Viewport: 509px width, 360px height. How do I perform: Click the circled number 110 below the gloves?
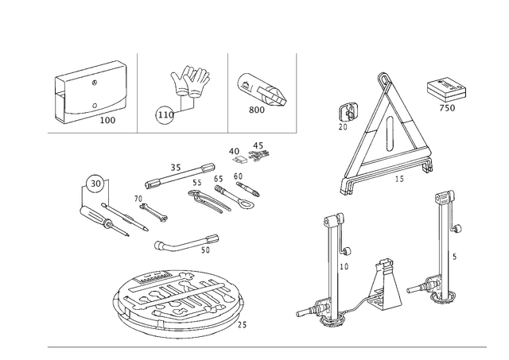click(x=165, y=114)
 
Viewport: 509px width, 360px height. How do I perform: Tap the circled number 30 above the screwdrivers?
click(x=95, y=184)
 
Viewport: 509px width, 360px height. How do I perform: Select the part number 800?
click(x=256, y=110)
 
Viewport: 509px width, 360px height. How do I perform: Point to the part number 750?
click(x=447, y=108)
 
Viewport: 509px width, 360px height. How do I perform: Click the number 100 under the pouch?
click(x=107, y=120)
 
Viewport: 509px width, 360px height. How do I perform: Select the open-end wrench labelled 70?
click(x=153, y=213)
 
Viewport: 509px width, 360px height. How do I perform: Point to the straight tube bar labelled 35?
click(x=180, y=176)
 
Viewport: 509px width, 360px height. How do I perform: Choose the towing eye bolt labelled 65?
click(x=234, y=198)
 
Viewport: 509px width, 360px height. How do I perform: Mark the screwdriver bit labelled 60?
click(x=248, y=189)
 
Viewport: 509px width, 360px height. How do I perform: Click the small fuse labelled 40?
click(x=240, y=160)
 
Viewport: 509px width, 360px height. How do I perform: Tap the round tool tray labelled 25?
click(x=178, y=304)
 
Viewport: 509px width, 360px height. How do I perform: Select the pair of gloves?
click(x=191, y=81)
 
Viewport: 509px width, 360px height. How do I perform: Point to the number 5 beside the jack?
click(x=454, y=257)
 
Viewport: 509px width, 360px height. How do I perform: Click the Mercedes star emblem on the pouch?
click(x=95, y=83)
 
